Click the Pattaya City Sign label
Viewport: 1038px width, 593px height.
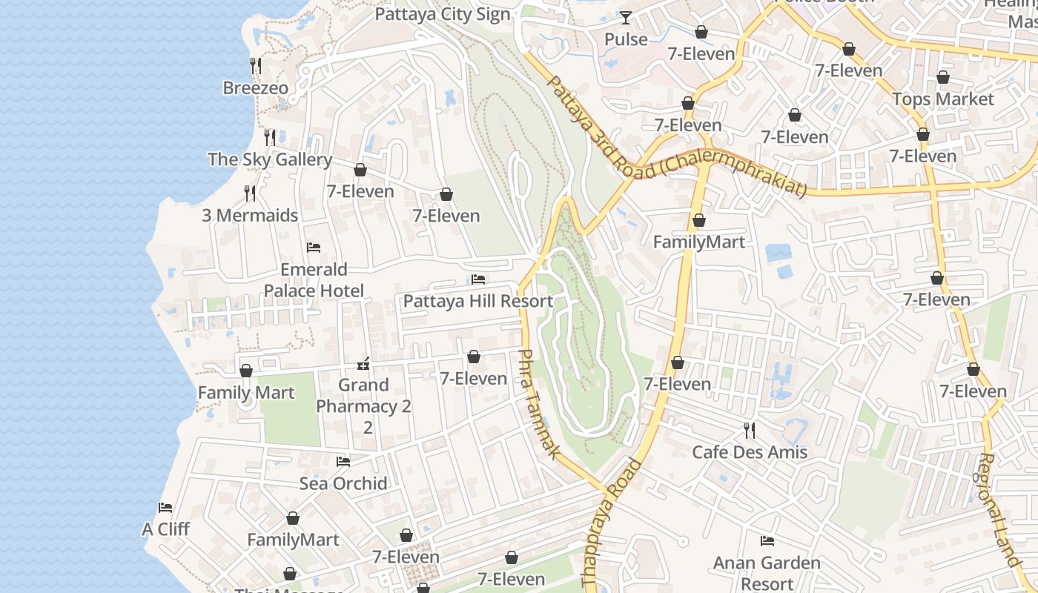443,14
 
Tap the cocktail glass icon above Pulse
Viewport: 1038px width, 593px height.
626,17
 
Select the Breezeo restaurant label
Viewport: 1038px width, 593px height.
255,87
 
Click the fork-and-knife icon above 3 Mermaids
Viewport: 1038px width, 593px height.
250,193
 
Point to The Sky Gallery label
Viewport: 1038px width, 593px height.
269,159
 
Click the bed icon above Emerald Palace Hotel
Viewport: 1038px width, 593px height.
314,247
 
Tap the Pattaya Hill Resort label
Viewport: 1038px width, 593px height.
477,301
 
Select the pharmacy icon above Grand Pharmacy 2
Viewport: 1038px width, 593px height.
363,363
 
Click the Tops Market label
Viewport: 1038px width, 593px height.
942,99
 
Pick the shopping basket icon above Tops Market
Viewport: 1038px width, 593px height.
942,77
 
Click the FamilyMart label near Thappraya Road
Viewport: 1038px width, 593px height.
698,242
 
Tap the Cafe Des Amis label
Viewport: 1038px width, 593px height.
749,451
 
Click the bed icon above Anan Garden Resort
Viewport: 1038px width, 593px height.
767,541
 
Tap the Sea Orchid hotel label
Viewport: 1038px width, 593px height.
343,483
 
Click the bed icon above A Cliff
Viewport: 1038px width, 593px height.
165,508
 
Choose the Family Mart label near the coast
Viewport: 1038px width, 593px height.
245,391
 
